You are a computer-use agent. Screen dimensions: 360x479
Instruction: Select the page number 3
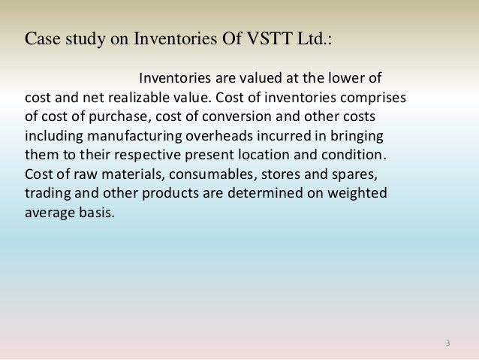point(447,343)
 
